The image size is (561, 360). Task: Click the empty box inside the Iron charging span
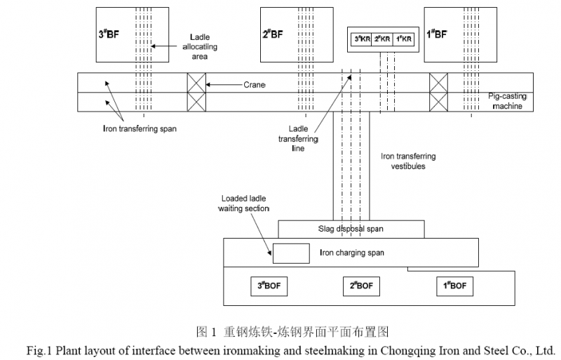[x=290, y=253]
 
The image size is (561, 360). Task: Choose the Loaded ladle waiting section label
[x=245, y=204]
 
